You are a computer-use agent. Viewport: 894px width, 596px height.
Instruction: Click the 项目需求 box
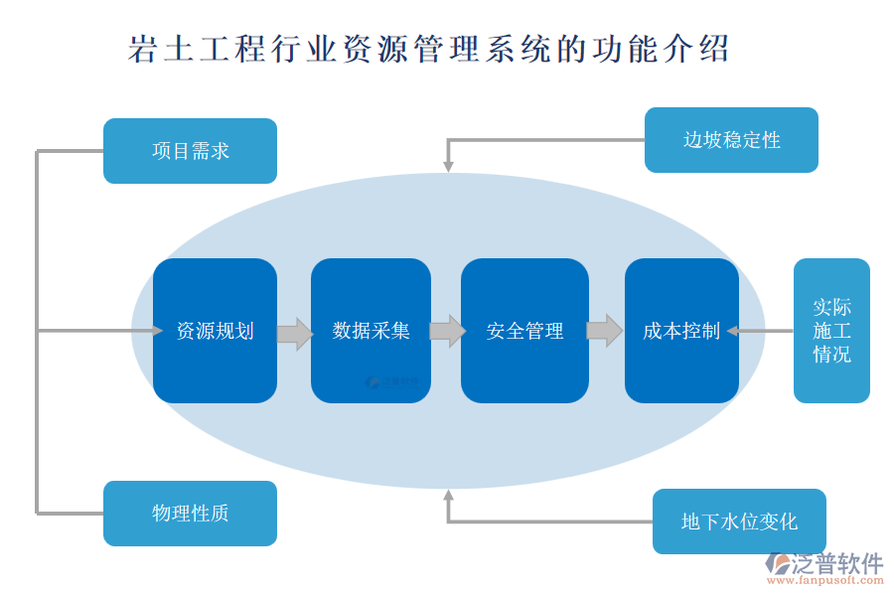coord(190,151)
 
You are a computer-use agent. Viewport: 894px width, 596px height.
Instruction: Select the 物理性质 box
coord(190,514)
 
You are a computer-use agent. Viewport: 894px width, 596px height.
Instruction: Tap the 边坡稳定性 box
coord(731,140)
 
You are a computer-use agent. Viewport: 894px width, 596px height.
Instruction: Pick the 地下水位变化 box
coord(739,521)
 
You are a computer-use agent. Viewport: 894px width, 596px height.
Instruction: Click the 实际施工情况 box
coord(831,331)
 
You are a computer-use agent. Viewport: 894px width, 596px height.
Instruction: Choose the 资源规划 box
coord(215,331)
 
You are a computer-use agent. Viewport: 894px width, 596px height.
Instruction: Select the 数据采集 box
coord(371,331)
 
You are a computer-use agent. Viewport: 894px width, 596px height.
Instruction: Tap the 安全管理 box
coord(524,331)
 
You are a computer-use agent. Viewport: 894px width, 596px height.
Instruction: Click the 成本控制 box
coord(681,331)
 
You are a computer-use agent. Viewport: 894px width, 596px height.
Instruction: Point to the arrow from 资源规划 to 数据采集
coord(294,332)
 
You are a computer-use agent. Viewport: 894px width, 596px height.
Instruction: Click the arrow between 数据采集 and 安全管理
coord(447,331)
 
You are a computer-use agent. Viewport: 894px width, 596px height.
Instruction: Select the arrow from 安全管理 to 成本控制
coord(604,331)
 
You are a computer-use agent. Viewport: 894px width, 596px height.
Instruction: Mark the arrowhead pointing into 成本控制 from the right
coord(732,331)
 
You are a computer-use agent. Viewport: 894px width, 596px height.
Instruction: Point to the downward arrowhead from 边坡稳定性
coord(448,166)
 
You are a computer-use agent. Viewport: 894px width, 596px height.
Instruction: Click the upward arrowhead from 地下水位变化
coord(448,494)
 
